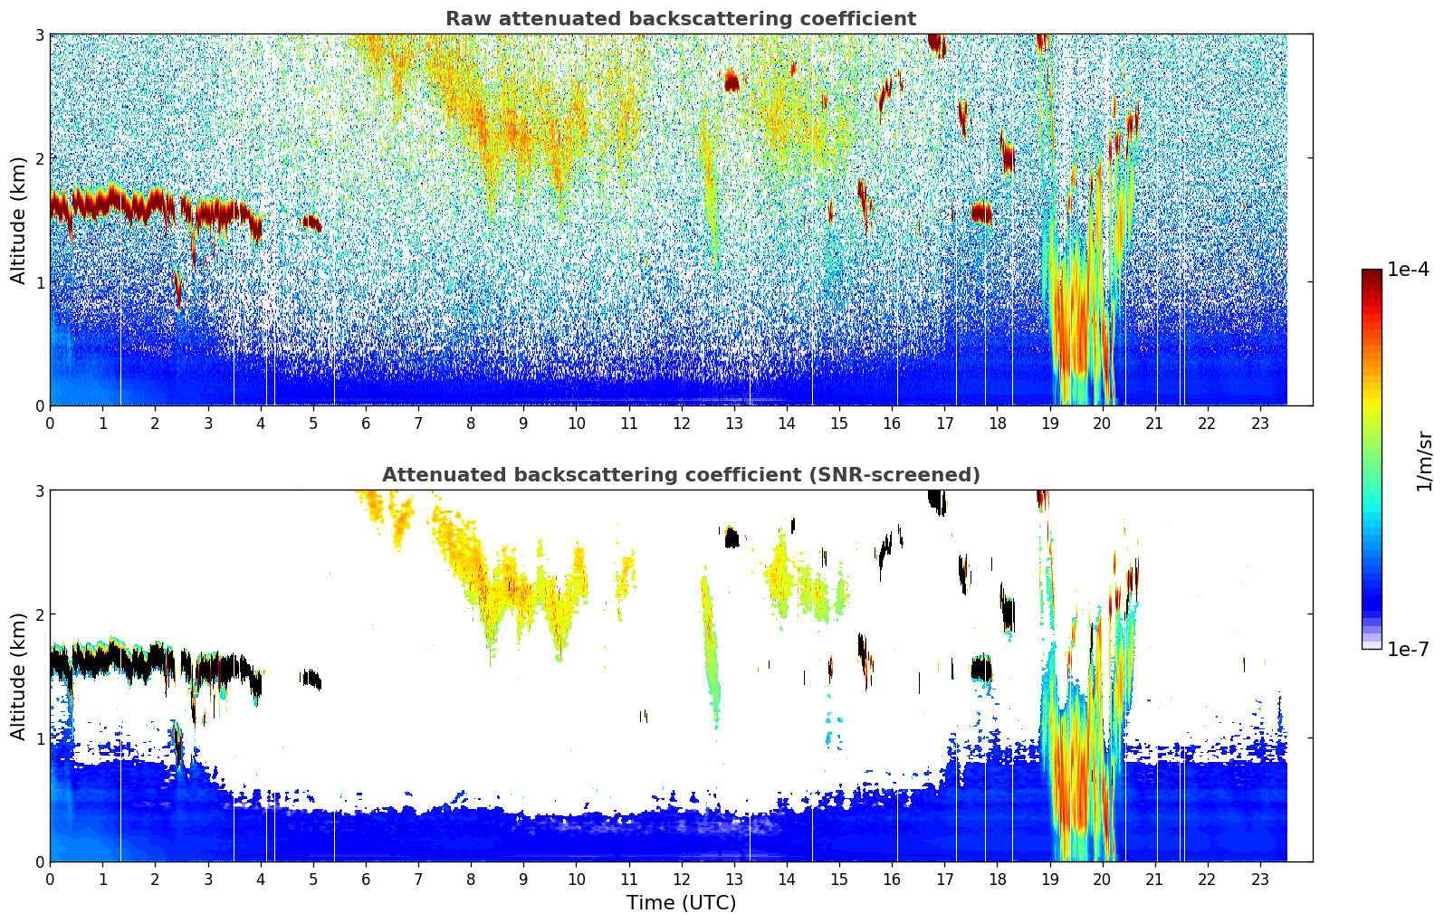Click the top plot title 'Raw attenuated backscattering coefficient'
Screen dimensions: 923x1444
pyautogui.click(x=680, y=19)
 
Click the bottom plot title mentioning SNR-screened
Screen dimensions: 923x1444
pyautogui.click(x=680, y=475)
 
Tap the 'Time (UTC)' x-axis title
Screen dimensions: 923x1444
pyautogui.click(x=681, y=902)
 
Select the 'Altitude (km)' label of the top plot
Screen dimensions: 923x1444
pyautogui.click(x=18, y=220)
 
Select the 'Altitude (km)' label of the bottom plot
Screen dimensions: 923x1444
pyautogui.click(x=18, y=676)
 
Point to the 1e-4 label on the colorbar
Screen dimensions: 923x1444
pyautogui.click(x=1408, y=270)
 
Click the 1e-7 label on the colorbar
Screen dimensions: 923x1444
pyautogui.click(x=1408, y=649)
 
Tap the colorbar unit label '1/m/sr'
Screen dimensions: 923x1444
pyautogui.click(x=1424, y=461)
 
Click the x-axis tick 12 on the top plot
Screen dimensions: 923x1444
pyautogui.click(x=681, y=423)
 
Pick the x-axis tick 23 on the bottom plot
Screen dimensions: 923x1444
pyautogui.click(x=1259, y=880)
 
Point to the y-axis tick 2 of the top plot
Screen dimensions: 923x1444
pyautogui.click(x=39, y=158)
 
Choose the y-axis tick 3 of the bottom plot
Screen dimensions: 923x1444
pyautogui.click(x=39, y=490)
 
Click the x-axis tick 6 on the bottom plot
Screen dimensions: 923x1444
pyautogui.click(x=366, y=880)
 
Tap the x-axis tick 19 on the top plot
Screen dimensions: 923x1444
pyautogui.click(x=1049, y=423)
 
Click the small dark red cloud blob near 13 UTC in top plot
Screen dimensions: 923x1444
pyautogui.click(x=732, y=82)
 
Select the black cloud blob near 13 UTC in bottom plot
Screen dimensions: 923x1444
pyautogui.click(x=732, y=538)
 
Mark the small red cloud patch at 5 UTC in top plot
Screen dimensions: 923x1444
pyautogui.click(x=311, y=222)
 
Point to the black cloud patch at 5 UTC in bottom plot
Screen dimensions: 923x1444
pyautogui.click(x=311, y=678)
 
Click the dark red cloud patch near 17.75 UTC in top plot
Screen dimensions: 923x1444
pyautogui.click(x=981, y=213)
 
